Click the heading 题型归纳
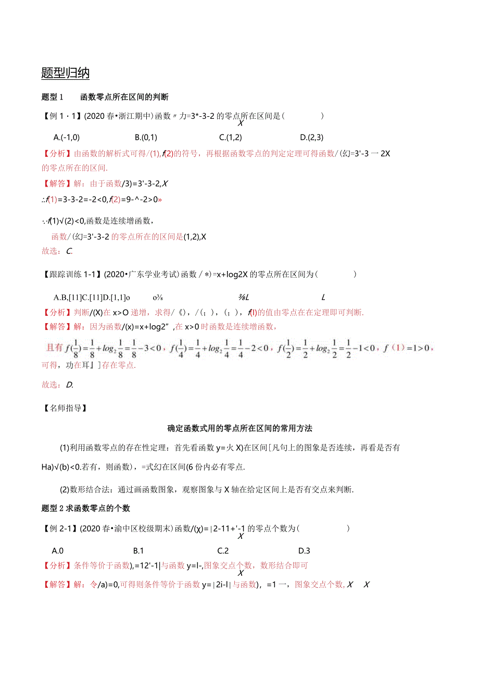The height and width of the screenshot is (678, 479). (x=65, y=73)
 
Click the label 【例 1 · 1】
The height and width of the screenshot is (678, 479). (x=60, y=116)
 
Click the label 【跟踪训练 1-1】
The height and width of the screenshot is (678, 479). (x=71, y=274)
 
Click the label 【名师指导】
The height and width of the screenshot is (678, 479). (x=65, y=408)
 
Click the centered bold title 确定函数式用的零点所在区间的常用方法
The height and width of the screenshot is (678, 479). (x=240, y=428)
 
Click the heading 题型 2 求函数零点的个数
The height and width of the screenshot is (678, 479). (x=85, y=508)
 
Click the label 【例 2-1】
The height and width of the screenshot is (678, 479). (x=60, y=528)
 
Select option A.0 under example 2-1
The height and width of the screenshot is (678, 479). (x=58, y=550)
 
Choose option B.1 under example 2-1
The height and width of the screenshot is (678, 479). (x=138, y=550)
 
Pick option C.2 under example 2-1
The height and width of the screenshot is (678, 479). (x=223, y=550)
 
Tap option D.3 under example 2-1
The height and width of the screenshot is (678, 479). (x=304, y=550)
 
